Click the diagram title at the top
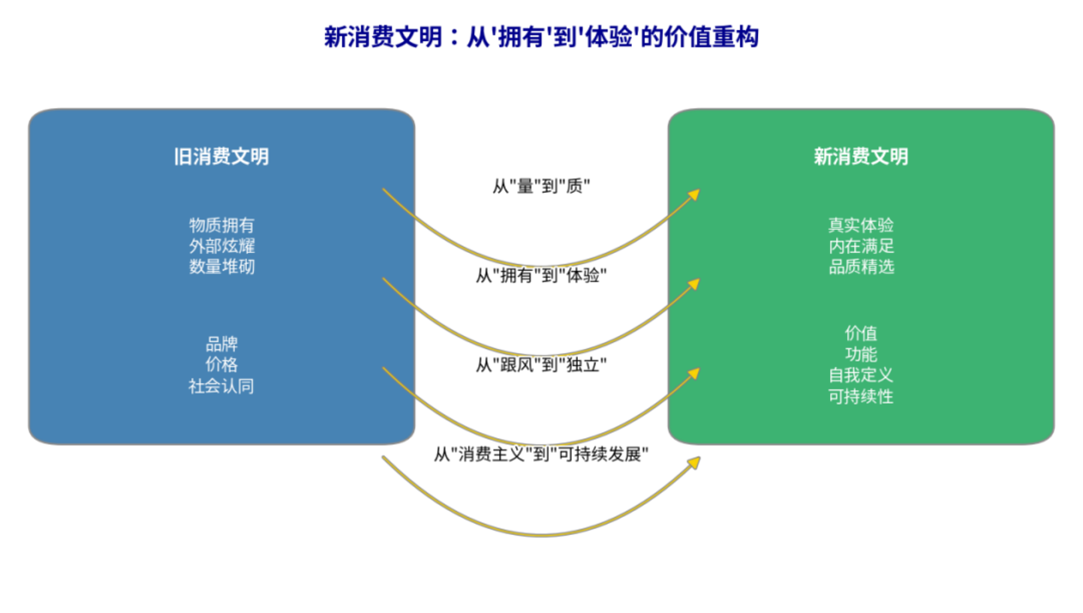541,37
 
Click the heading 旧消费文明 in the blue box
221,157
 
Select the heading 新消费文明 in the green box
860,157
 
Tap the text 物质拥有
221,225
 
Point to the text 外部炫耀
221,246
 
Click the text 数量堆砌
221,267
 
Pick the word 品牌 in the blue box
221,344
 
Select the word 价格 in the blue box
221,365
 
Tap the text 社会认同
221,386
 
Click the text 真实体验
860,225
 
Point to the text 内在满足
860,246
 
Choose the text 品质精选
860,267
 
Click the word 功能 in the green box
860,354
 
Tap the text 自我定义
860,375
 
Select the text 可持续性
860,397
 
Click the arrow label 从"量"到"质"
541,187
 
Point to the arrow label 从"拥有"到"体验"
541,276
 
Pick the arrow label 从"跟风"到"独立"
541,365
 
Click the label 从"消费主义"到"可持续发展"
541,454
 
